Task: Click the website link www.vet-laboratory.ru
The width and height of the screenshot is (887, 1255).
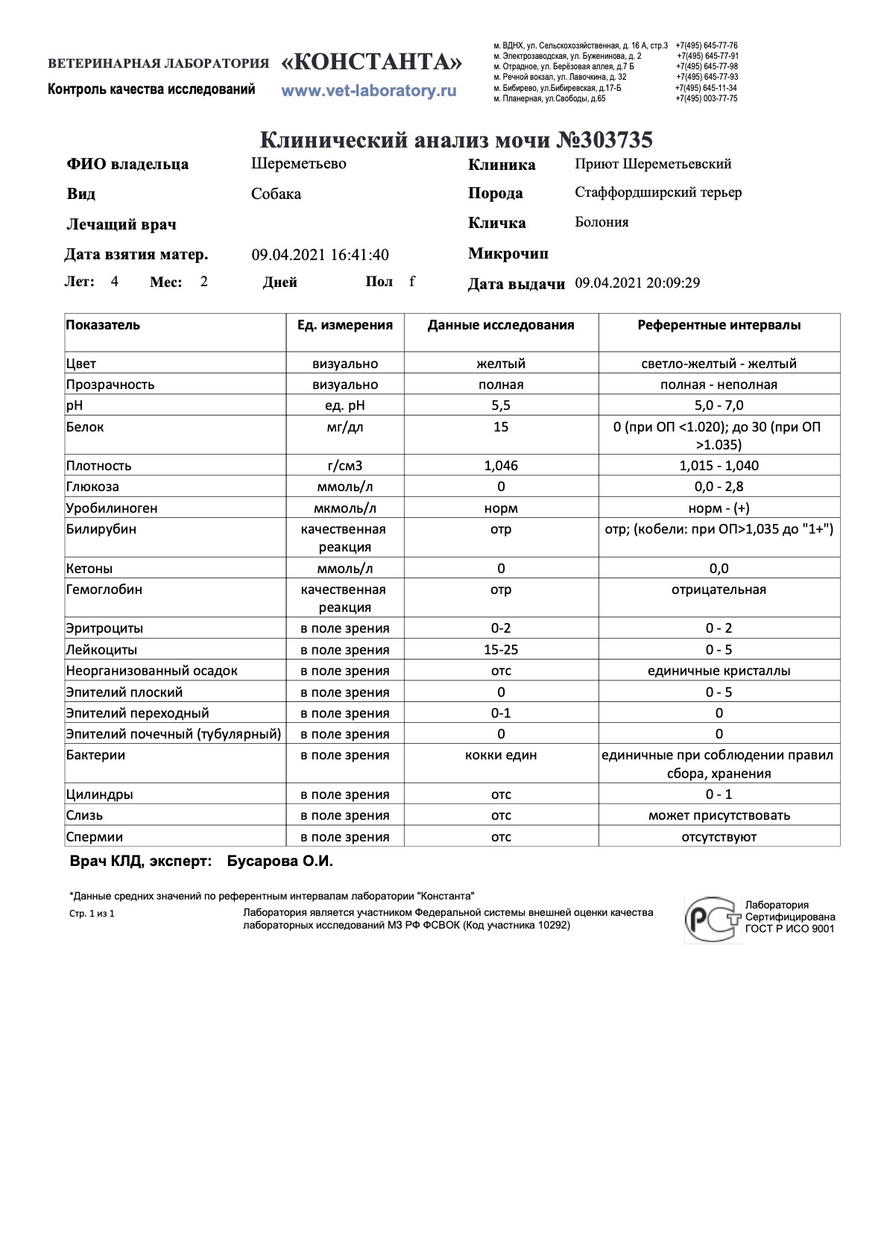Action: [x=368, y=91]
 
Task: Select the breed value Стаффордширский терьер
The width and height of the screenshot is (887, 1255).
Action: [x=658, y=192]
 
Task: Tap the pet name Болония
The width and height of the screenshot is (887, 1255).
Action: [x=602, y=222]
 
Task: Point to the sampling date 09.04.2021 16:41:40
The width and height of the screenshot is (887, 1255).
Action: [x=320, y=255]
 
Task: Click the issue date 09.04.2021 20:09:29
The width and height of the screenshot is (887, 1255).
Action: [x=637, y=283]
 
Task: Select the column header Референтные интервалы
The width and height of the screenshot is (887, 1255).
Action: [x=719, y=325]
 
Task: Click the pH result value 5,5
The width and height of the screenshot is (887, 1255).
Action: [x=501, y=405]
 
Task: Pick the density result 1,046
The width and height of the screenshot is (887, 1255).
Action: [x=501, y=466]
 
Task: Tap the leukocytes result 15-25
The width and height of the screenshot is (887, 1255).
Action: [x=501, y=650]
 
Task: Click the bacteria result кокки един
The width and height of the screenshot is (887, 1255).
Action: [x=501, y=755]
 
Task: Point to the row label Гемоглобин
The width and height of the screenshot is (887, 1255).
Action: [x=104, y=589]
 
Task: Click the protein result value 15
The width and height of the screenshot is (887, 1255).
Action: [x=501, y=427]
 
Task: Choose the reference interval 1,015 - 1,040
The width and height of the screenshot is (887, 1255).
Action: [x=719, y=466]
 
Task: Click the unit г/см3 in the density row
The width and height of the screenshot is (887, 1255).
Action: [x=345, y=466]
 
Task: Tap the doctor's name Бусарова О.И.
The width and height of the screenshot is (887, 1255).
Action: [x=280, y=862]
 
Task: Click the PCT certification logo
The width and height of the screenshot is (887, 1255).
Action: [x=713, y=919]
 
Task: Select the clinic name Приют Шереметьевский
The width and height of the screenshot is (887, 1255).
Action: [x=653, y=164]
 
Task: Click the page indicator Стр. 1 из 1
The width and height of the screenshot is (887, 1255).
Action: [x=92, y=914]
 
